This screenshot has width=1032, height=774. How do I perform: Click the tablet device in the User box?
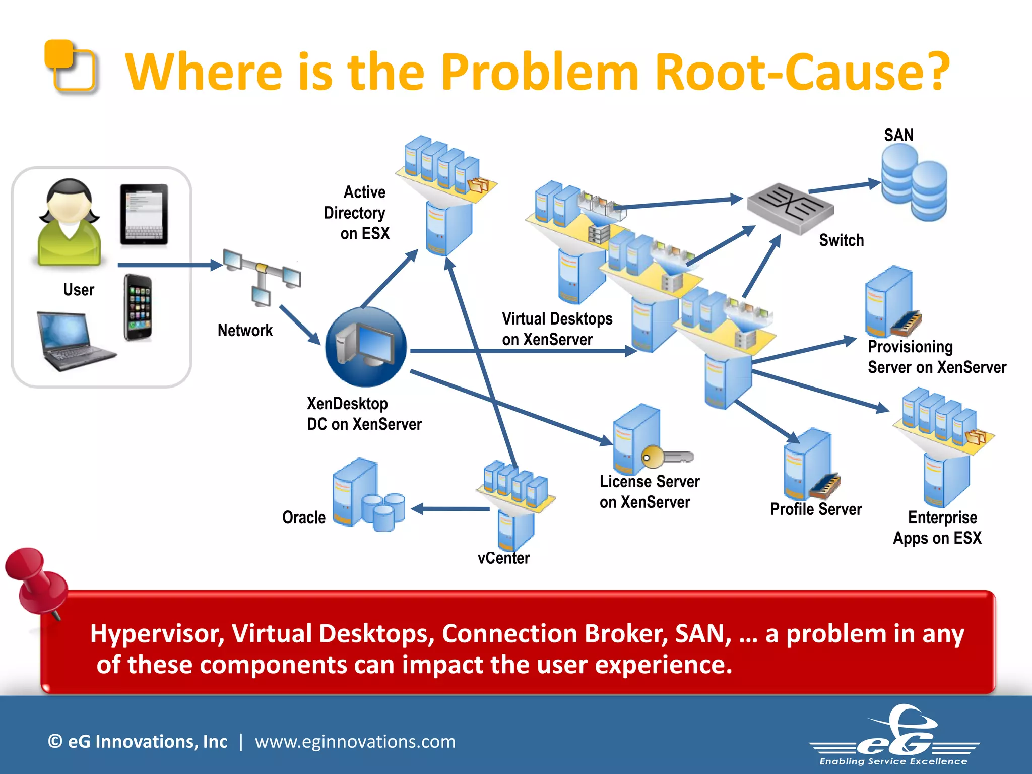tap(144, 215)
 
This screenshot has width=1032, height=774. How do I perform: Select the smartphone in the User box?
tap(138, 307)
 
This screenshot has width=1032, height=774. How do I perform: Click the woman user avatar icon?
tap(70, 222)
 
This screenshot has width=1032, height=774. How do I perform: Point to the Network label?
tap(245, 331)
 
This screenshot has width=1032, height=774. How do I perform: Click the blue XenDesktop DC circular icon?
tap(366, 347)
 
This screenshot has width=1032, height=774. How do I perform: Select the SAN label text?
tap(898, 135)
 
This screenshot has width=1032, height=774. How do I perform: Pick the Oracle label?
tap(304, 518)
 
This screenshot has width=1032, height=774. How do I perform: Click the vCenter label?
tap(503, 558)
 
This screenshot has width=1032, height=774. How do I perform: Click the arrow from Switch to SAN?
tap(844, 187)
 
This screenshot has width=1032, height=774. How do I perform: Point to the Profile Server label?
tap(816, 509)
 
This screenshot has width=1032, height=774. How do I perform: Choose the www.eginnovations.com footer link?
tap(355, 742)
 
